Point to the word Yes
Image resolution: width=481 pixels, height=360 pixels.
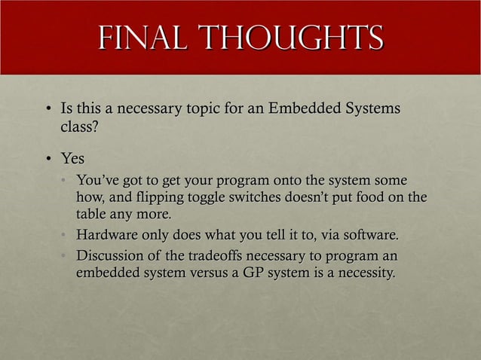(x=72, y=160)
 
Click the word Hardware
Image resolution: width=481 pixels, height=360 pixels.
(x=108, y=236)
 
